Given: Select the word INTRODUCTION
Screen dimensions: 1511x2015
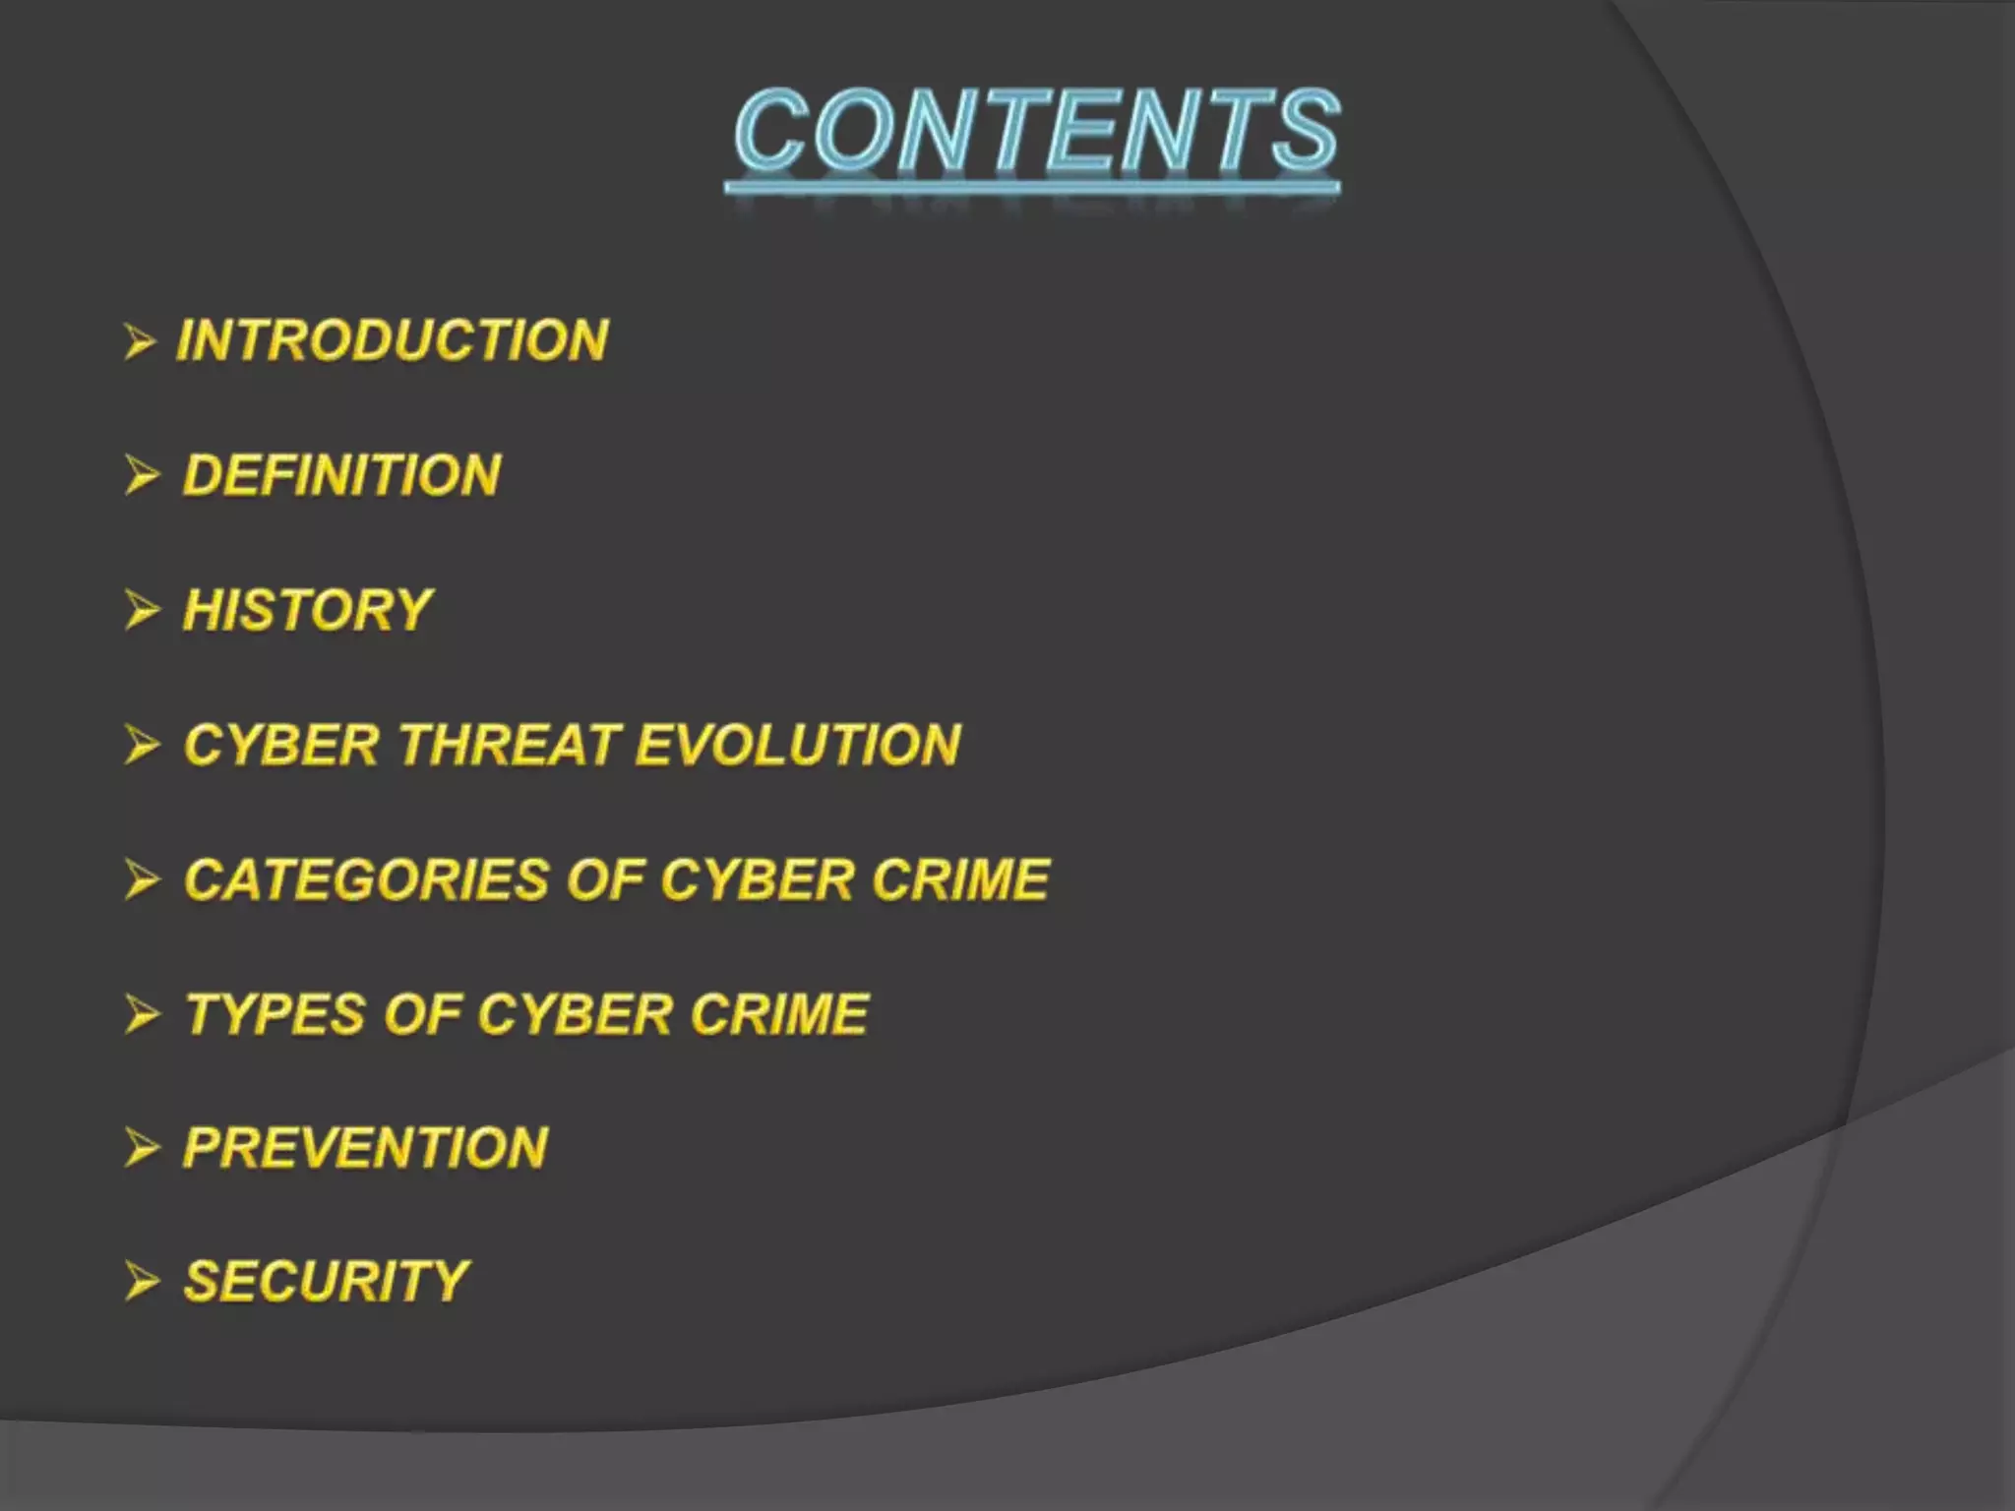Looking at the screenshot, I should (393, 340).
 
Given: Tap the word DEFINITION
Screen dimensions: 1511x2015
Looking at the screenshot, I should (341, 475).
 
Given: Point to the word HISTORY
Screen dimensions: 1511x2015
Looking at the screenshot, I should (308, 610).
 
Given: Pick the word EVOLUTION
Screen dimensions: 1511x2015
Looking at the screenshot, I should (798, 745).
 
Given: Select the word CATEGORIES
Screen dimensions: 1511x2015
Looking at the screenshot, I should (365, 879).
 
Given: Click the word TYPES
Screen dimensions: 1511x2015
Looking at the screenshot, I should (275, 1014).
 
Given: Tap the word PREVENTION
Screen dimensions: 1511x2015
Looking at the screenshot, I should (365, 1148).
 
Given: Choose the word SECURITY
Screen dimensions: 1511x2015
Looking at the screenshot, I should (326, 1282).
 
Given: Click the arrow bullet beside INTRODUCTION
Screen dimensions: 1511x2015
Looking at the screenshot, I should (141, 342).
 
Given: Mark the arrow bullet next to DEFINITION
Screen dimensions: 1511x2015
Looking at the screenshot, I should (142, 476).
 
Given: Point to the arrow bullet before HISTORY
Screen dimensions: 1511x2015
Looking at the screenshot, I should (142, 611).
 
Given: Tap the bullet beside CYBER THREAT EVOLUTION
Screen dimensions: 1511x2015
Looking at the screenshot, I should (142, 746).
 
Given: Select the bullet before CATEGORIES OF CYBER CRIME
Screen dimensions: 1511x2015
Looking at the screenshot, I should (142, 880).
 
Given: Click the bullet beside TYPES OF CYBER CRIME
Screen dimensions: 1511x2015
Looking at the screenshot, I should (142, 1015).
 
